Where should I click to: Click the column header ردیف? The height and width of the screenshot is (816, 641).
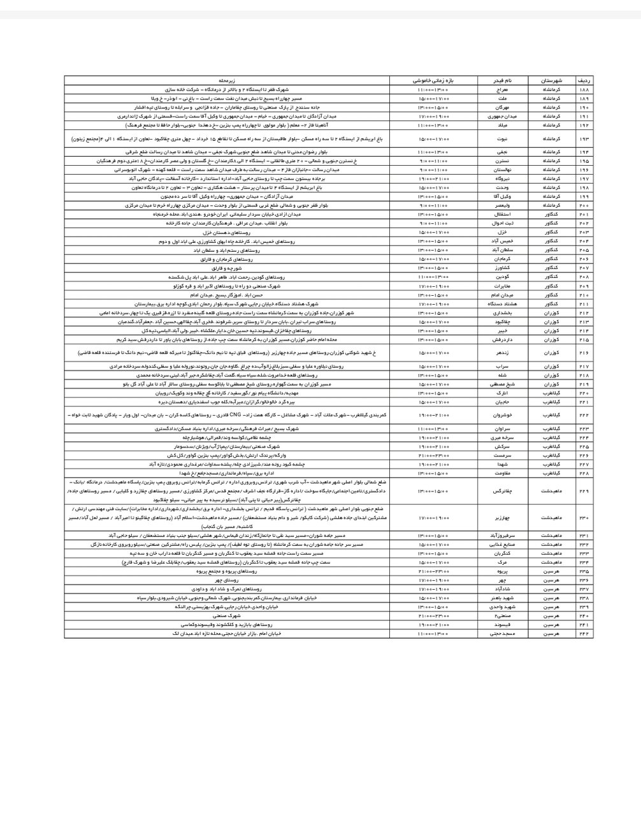(x=584, y=82)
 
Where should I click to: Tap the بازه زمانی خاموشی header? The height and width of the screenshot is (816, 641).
(x=434, y=82)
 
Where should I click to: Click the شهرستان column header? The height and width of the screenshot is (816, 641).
(x=551, y=82)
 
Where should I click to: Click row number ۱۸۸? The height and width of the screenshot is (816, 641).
(x=584, y=91)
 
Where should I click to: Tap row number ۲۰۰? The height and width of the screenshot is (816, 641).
(x=584, y=206)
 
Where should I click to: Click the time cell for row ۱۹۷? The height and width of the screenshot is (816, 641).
(x=434, y=179)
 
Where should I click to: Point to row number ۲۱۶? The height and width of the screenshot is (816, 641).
(x=584, y=351)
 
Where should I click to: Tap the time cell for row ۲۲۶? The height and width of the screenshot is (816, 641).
(x=434, y=456)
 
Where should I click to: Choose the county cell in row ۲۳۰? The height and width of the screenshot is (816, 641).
(x=551, y=519)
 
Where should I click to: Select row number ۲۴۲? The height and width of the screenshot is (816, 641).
(x=584, y=634)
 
